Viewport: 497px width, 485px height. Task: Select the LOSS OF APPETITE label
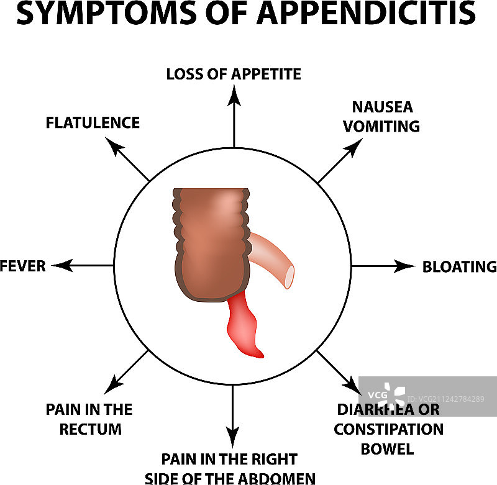tap(234, 75)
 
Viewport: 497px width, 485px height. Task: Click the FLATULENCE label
tap(93, 122)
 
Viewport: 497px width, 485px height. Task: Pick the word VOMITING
tap(382, 126)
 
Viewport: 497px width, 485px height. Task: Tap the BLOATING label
tap(459, 266)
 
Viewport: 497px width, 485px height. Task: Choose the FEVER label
tap(23, 266)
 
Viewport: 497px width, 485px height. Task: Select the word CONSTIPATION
tap(389, 429)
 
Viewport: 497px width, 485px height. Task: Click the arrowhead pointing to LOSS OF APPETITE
tap(234, 94)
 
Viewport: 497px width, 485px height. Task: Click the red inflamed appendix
tap(244, 329)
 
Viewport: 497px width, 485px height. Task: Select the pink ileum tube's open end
tap(289, 277)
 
